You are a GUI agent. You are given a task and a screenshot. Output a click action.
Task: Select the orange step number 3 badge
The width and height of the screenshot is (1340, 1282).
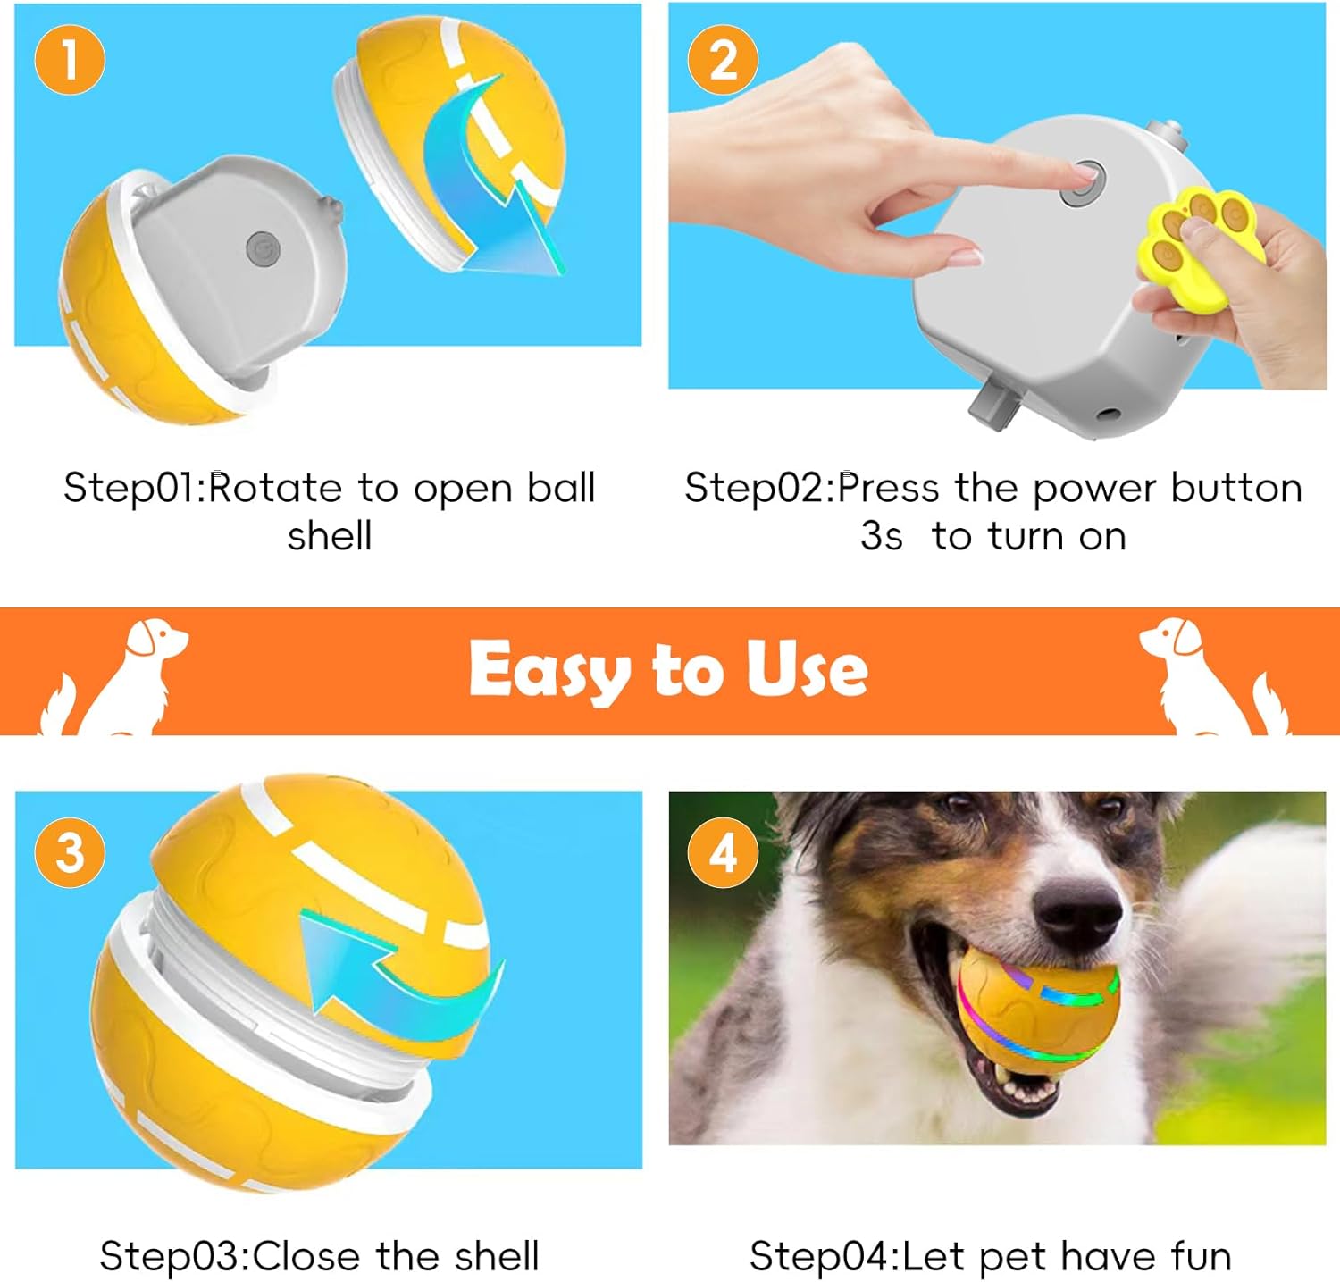pyautogui.click(x=70, y=851)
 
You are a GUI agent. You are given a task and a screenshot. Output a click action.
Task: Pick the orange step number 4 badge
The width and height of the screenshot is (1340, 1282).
pyautogui.click(x=723, y=851)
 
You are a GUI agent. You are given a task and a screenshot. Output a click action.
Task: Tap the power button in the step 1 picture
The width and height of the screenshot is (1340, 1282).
pyautogui.click(x=263, y=249)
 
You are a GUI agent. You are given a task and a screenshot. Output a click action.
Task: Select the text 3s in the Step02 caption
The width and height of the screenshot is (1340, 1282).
pyautogui.click(x=881, y=536)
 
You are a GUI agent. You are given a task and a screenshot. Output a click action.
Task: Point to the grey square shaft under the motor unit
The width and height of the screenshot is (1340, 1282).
pyautogui.click(x=994, y=406)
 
